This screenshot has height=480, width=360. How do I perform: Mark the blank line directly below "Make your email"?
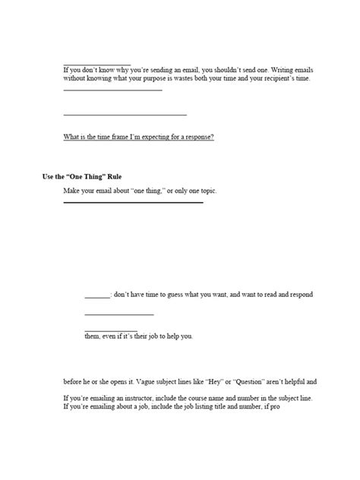pos(133,203)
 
